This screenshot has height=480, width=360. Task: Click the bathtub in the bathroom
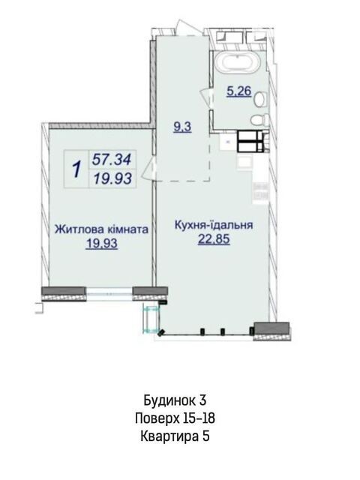click(238, 62)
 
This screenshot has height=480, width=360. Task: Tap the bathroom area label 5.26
click(238, 91)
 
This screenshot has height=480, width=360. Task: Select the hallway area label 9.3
click(182, 127)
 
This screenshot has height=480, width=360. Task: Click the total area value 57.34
click(112, 160)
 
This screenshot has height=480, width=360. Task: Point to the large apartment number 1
click(76, 169)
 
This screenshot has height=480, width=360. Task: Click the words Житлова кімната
click(102, 229)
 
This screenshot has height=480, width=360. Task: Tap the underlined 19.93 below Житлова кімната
click(102, 244)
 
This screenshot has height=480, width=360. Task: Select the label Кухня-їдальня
click(214, 225)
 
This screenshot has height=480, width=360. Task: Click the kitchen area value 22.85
click(214, 239)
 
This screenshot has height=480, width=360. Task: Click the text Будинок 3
click(175, 400)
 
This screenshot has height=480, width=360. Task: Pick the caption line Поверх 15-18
click(175, 418)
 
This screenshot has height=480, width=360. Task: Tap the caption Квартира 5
click(175, 436)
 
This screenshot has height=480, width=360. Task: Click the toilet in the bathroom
click(259, 119)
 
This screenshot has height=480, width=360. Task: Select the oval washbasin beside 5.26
click(261, 100)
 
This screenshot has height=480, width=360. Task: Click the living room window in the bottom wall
click(109, 294)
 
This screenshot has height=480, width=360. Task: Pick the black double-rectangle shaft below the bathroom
click(250, 141)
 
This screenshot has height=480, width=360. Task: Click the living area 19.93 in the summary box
click(112, 178)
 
